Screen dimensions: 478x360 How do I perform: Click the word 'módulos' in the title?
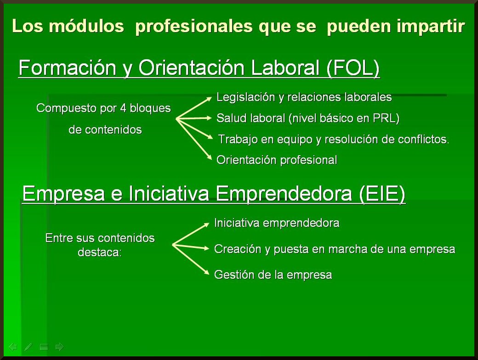86,26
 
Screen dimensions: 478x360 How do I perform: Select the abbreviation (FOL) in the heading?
353,68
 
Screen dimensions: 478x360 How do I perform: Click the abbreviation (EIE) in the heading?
382,194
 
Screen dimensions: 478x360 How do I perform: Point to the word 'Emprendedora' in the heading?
284,194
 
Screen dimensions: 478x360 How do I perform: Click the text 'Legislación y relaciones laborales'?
304,97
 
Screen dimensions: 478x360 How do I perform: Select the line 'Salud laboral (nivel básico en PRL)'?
308,118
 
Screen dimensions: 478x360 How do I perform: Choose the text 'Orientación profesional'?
277,160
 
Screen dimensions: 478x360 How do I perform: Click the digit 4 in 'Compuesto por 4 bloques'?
123,108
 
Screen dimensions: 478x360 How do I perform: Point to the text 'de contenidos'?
105,130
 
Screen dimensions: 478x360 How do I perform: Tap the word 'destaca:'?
100,252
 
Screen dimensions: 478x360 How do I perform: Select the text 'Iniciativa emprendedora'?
277,223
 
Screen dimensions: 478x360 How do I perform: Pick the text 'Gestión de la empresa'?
273,275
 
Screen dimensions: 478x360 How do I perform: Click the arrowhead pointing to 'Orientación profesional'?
210,157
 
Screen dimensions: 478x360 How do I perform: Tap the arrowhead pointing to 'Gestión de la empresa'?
207,272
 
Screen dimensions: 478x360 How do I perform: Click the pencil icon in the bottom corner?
28,347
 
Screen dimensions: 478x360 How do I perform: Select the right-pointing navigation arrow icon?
59,347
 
